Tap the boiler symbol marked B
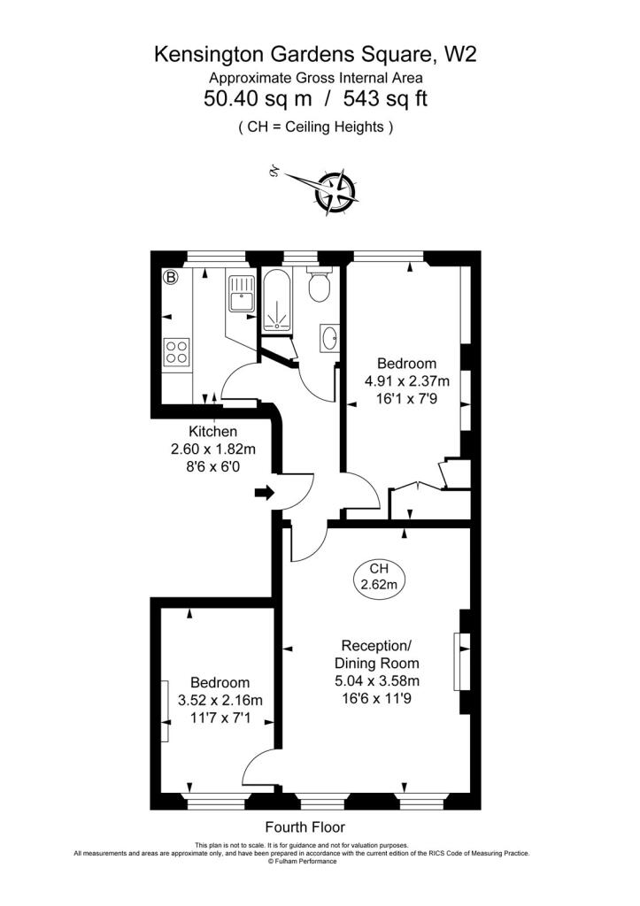(171, 277)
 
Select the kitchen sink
(242, 294)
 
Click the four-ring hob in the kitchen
(176, 351)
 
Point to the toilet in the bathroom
(319, 284)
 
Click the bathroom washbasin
(330, 338)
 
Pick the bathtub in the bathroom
(279, 301)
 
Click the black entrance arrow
(265, 493)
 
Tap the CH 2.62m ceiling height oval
(379, 577)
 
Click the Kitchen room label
(212, 432)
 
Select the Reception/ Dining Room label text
(376, 654)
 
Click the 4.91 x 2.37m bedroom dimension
(406, 381)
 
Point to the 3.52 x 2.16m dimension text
(220, 701)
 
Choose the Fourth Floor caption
(305, 827)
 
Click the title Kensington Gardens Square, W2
(315, 54)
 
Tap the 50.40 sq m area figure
(258, 98)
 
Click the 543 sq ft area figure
(385, 98)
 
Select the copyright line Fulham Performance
(302, 862)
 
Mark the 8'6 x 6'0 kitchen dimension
(212, 466)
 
